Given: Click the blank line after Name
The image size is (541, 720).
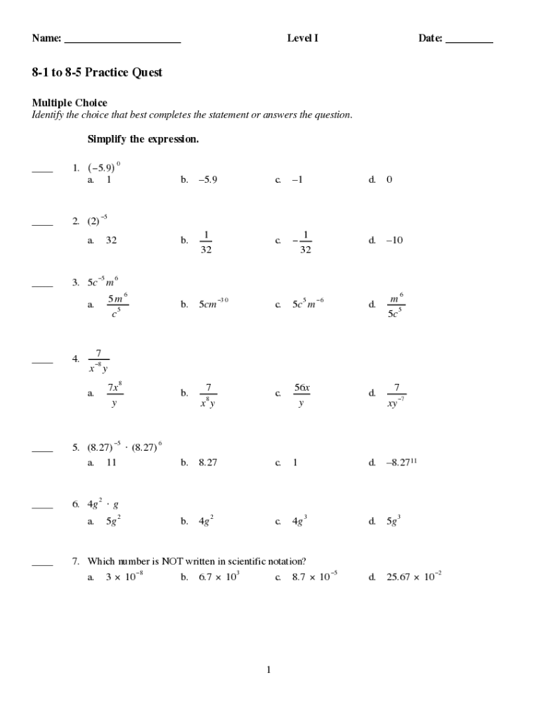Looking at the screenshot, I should click(x=122, y=42).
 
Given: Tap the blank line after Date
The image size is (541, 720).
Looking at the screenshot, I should click(x=469, y=42).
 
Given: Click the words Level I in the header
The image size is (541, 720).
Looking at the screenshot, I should click(x=303, y=39).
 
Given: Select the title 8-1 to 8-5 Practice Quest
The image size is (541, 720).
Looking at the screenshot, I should click(x=97, y=72).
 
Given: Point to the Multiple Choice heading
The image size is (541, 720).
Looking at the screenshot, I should click(x=70, y=103).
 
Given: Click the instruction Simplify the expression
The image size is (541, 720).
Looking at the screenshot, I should click(x=143, y=139).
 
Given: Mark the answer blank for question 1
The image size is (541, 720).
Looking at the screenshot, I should click(x=42, y=171).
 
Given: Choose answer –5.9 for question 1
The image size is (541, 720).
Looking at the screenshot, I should click(x=208, y=179).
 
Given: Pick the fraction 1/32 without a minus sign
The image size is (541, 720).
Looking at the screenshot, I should click(x=207, y=241).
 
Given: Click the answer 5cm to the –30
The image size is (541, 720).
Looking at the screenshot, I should click(x=214, y=304).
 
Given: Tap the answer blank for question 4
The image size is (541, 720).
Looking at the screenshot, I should click(x=42, y=362).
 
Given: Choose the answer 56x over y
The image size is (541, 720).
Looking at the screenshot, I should click(x=302, y=394).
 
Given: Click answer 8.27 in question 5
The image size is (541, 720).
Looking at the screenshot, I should click(x=208, y=463).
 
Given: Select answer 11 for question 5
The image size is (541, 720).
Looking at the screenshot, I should click(x=111, y=463).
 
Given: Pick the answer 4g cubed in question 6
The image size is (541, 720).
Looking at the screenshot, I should click(x=300, y=521).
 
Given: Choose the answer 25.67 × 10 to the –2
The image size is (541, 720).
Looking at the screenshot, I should click(x=414, y=577).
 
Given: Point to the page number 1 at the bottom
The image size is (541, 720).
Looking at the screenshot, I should click(x=268, y=670).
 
